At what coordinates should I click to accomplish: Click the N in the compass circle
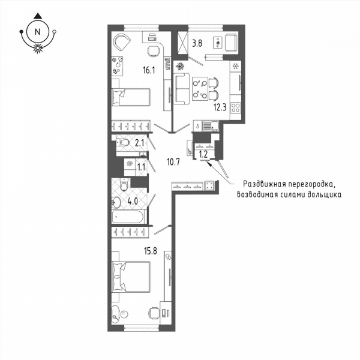point(38,32)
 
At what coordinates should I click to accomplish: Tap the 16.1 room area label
point(149,70)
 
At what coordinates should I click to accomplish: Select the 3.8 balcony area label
point(197,43)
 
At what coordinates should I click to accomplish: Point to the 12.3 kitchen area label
point(220,107)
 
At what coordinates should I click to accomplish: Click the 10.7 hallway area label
point(173,163)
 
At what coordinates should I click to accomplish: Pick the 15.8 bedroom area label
point(151,251)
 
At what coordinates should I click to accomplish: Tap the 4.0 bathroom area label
point(133,202)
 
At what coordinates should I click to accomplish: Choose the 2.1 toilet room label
point(140,143)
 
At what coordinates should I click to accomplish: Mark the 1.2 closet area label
point(203,154)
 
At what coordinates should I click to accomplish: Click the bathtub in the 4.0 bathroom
point(128,217)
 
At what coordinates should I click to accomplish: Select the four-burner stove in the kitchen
point(236,107)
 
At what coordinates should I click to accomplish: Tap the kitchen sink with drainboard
point(211,126)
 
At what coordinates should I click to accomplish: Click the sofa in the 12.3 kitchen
point(181,89)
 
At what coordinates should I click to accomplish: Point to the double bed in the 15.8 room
point(131,277)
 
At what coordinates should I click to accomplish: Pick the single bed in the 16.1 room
point(131,97)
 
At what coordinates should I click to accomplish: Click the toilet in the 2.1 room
point(123,143)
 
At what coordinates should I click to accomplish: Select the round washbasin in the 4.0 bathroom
point(116,202)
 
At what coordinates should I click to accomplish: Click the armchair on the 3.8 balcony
point(232,43)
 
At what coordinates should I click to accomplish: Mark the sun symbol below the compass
point(38,48)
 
